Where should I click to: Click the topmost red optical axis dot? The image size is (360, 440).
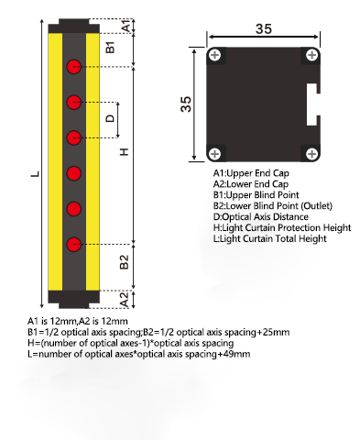74,66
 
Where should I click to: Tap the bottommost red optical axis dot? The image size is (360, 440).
74,245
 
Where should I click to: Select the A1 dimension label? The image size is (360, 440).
126,26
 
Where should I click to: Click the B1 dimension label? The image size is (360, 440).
110,48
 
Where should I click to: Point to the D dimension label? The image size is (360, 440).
110,118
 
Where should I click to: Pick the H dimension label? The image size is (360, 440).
125,152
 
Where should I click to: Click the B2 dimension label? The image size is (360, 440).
125,262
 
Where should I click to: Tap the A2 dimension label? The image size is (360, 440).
125,300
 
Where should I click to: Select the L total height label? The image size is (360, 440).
36,174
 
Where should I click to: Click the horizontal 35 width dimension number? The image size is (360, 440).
264,29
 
